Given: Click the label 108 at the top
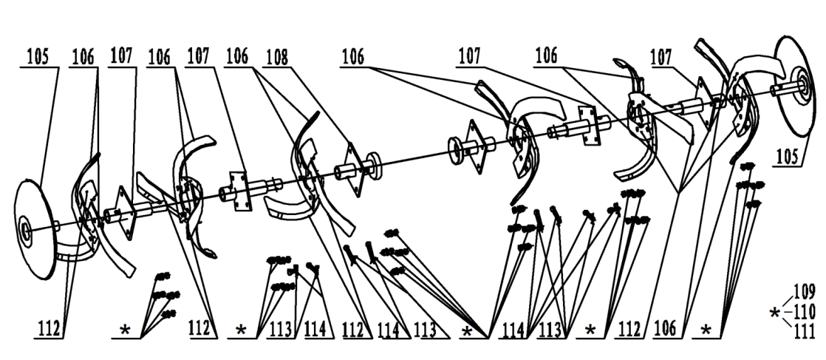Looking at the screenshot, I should point(276,55).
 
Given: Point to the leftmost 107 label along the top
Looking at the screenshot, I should point(123,55).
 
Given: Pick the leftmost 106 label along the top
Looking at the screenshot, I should point(86,55).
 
